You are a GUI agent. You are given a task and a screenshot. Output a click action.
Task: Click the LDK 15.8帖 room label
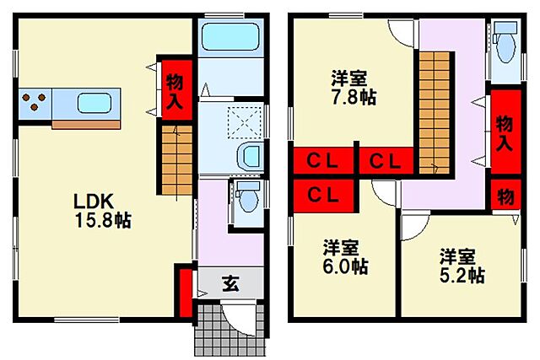tap(100, 210)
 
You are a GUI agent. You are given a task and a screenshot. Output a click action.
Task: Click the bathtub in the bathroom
tap(230, 39)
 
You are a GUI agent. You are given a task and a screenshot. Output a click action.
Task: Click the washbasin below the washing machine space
tap(250, 155)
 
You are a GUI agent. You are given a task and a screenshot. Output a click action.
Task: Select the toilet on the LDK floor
tap(247, 199)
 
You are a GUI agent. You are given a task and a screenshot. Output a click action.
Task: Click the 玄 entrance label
tap(229, 283)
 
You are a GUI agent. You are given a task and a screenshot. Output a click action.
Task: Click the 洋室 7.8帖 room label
tap(348, 89)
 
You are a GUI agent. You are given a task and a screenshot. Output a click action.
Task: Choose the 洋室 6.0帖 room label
tap(342, 257)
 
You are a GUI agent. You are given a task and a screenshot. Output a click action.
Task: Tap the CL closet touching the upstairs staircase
tap(386, 160)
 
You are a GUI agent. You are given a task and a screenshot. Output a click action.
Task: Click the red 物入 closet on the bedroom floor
tap(505, 133)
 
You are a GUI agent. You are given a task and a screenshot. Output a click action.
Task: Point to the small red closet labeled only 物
tap(505, 196)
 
